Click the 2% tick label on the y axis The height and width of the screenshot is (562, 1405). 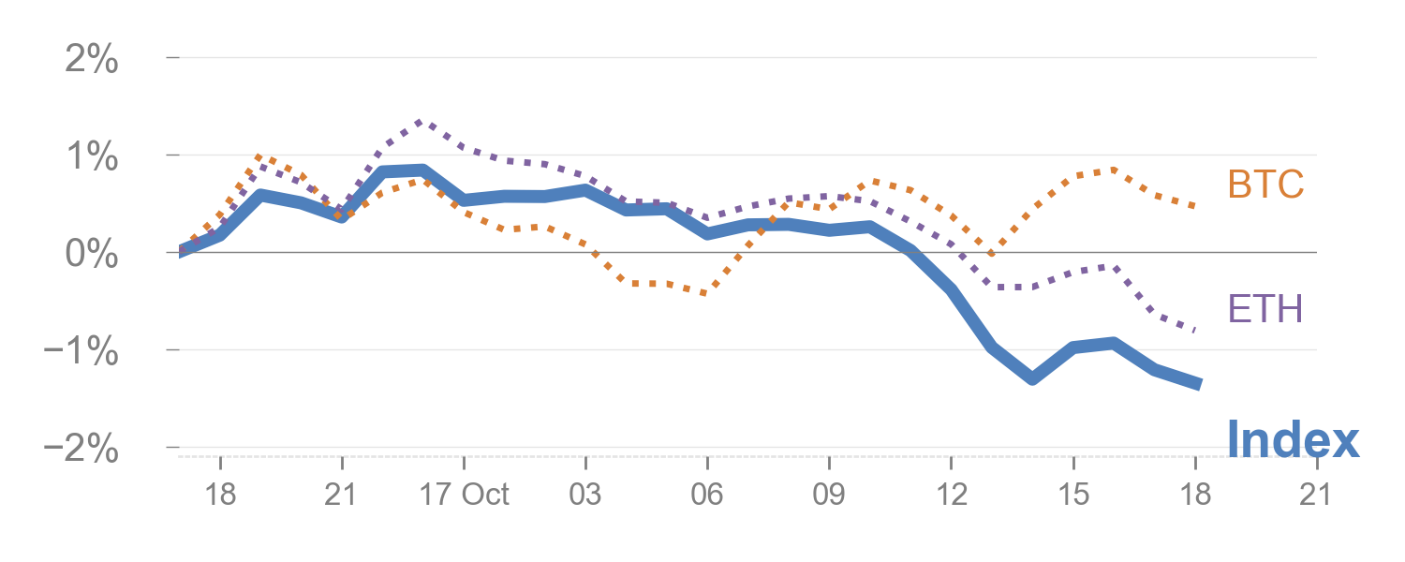coord(92,61)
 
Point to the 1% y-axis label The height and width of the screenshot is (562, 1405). coord(92,157)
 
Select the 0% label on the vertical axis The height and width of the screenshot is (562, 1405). coord(92,255)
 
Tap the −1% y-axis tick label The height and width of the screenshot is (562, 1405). coord(82,352)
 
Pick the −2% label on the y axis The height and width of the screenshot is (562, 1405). coord(82,450)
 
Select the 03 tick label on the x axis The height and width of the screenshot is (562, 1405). coord(585,494)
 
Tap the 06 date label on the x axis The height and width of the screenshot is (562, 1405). coord(707,494)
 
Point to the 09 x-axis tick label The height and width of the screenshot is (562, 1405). coord(829,494)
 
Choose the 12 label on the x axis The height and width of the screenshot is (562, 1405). coord(951,494)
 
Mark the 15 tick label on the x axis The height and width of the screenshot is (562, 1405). coord(1072,494)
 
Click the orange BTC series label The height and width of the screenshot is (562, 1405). coord(1265,185)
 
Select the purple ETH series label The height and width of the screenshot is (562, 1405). coord(1264,307)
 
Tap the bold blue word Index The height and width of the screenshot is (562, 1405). coord(1293,438)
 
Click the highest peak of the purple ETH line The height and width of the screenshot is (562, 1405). coord(419,122)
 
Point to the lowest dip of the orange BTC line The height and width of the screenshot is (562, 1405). coord(704,293)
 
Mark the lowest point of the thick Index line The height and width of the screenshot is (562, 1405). coord(1032,378)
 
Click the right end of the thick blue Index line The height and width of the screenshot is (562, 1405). coord(1197,383)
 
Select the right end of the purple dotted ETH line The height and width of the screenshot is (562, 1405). coord(1195,330)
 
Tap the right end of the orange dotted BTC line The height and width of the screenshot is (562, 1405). coord(1195,206)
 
